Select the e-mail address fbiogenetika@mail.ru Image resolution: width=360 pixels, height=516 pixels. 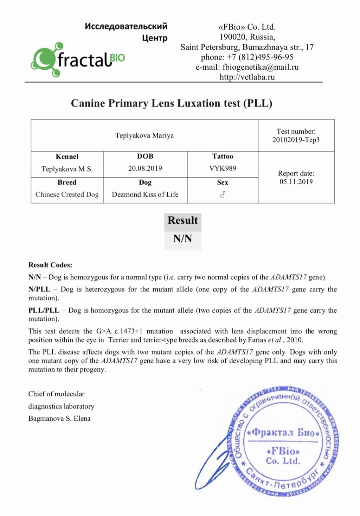click(x=261, y=67)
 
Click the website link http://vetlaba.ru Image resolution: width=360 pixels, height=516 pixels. click(x=247, y=77)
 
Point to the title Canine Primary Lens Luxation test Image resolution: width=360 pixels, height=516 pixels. click(x=172, y=103)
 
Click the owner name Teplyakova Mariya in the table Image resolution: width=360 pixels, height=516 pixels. click(x=144, y=135)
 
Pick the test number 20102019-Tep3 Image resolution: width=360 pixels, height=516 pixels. click(x=296, y=140)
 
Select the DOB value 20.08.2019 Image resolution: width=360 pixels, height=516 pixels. click(x=145, y=168)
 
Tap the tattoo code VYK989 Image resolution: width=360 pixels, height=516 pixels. click(x=223, y=168)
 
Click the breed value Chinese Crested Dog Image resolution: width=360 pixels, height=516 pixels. click(x=67, y=194)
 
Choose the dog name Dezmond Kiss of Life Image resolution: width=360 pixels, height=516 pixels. click(x=145, y=194)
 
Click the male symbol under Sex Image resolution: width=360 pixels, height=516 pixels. click(x=223, y=194)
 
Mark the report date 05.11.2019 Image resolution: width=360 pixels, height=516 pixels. click(x=296, y=181)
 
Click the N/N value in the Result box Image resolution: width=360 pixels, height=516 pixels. click(x=182, y=238)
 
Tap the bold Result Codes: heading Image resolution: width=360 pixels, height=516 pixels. click(x=50, y=265)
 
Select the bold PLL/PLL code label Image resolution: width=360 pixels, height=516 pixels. click(x=44, y=310)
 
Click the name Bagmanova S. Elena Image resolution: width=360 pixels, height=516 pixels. click(x=59, y=418)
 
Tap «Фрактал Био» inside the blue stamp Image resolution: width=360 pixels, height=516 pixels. click(x=283, y=432)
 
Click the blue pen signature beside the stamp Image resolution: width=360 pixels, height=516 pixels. click(x=211, y=461)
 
